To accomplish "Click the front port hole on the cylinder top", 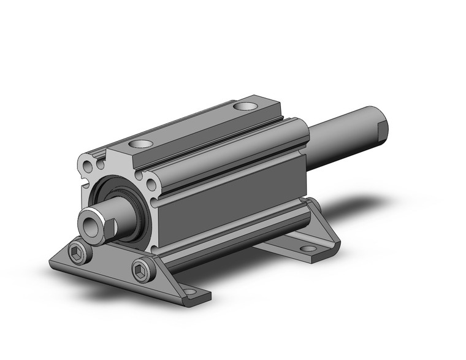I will [x=141, y=145].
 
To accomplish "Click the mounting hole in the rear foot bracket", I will [x=308, y=249].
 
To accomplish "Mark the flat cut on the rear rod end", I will [x=384, y=130].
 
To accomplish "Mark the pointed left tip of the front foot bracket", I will [x=52, y=261].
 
